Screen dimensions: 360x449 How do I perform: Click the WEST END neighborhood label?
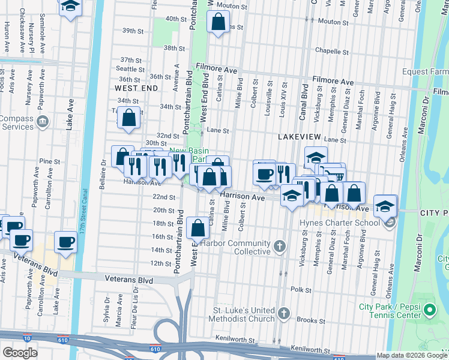[x=136, y=88]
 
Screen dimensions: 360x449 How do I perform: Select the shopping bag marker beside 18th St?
[x=198, y=229]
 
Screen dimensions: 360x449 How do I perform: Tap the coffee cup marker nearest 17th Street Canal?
[x=66, y=242]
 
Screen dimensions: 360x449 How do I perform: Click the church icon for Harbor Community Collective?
[x=279, y=246]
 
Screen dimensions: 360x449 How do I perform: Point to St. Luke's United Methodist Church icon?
[x=284, y=313]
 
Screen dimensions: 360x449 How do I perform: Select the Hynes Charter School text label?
[x=342, y=223]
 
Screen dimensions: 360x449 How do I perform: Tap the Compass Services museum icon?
[x=43, y=122]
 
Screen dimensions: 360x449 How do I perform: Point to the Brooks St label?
[x=310, y=320]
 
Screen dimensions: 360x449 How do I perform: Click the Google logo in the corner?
[x=20, y=352]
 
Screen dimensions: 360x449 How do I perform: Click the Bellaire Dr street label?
[x=103, y=172]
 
